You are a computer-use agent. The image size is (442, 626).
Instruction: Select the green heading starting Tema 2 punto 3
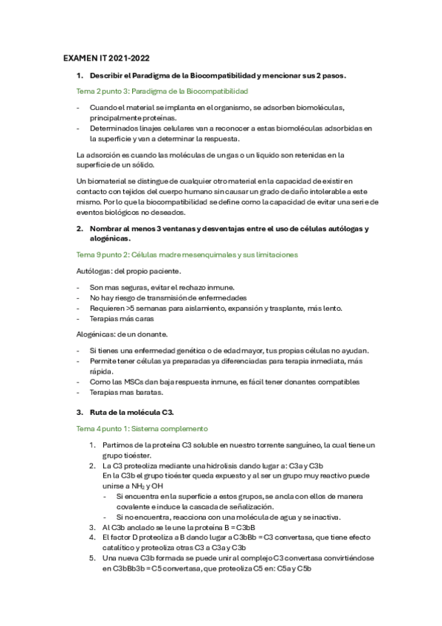point(162,91)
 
